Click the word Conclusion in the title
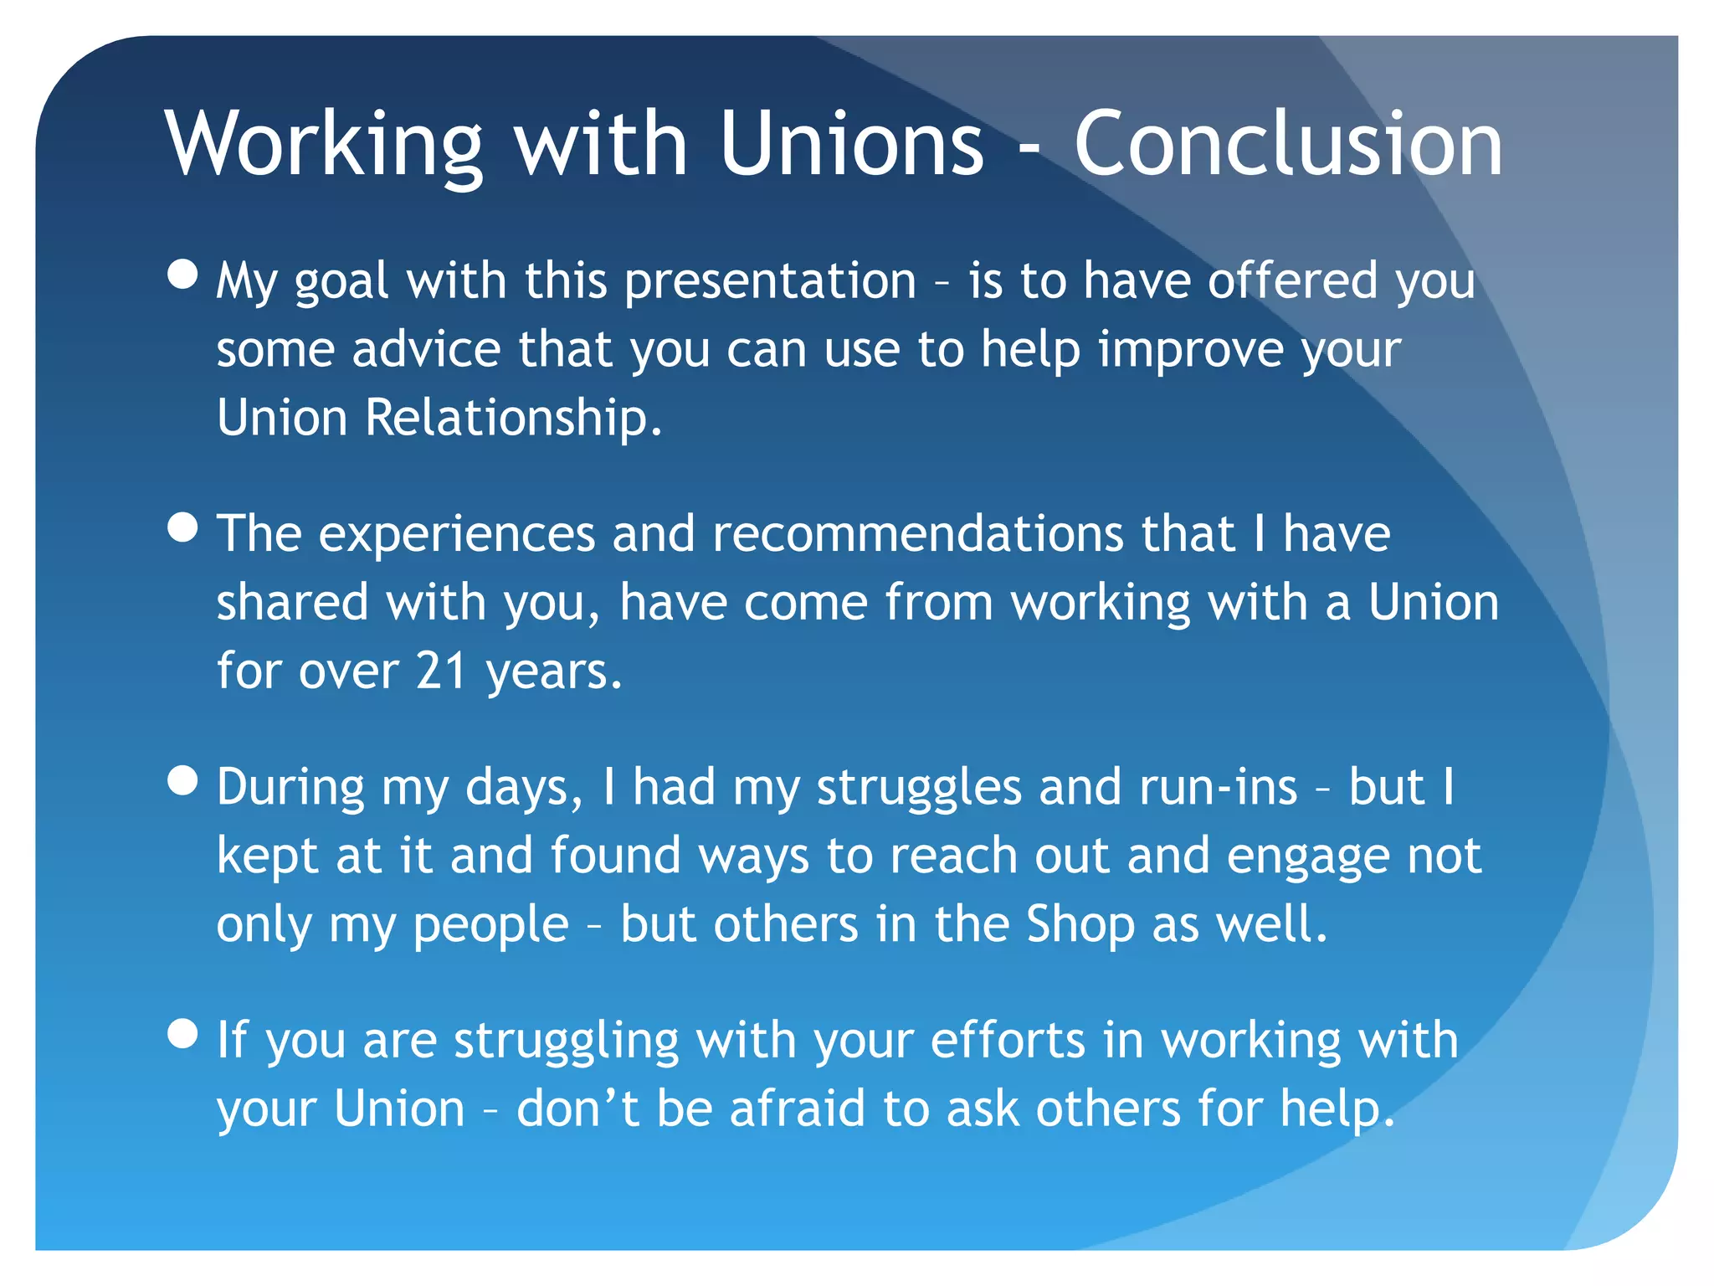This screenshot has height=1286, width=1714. (x=1288, y=144)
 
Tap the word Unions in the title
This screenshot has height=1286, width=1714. (x=851, y=144)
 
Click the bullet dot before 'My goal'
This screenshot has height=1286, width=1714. (x=182, y=274)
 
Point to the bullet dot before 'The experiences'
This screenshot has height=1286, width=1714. (x=182, y=527)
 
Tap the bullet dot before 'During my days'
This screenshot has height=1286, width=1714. (x=182, y=780)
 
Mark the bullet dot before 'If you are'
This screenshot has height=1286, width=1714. (x=182, y=1033)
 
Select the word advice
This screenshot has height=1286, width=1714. (x=426, y=349)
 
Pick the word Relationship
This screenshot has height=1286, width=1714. (x=513, y=418)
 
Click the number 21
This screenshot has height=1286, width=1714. (x=441, y=671)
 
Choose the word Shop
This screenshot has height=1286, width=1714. (x=1080, y=925)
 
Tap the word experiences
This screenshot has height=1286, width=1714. (x=456, y=536)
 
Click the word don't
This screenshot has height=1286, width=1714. (x=577, y=1109)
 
